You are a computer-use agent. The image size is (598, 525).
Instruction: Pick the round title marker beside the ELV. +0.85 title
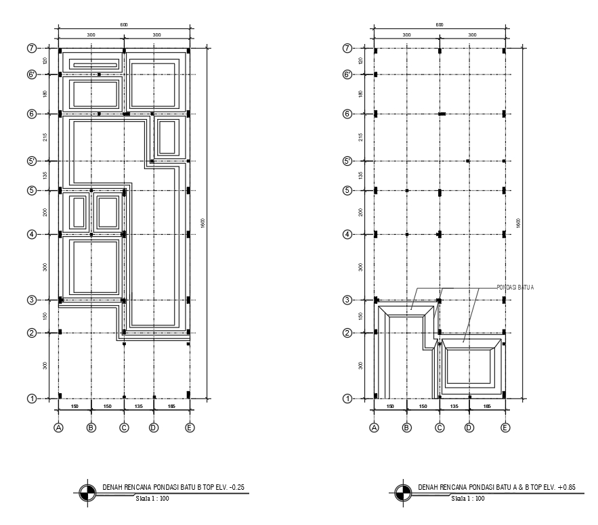pos(402,493)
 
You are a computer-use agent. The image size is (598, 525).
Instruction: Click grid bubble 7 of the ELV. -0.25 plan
pos(31,49)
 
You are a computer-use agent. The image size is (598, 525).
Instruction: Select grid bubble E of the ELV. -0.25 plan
pos(189,428)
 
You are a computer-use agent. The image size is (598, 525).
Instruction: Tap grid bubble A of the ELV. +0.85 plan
pos(374,428)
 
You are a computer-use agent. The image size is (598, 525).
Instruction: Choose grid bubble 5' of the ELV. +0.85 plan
pos(347,161)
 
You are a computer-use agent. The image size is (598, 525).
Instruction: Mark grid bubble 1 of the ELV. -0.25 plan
pos(31,398)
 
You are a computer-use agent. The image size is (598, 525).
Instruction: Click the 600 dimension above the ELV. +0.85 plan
pos(440,24)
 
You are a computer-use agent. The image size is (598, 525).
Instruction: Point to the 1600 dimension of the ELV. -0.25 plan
pos(202,223)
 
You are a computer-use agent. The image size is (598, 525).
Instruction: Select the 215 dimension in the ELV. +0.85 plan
pos(360,137)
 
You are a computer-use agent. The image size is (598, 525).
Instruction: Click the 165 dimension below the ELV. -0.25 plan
pos(171,407)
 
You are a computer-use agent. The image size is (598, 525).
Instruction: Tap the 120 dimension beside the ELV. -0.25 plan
pos(45,61)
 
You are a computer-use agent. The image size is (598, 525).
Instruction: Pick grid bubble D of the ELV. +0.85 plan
pos(469,428)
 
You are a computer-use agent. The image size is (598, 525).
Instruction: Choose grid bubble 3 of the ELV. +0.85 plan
pos(347,300)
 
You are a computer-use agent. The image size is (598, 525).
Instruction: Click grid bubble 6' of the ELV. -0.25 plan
pos(31,74)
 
